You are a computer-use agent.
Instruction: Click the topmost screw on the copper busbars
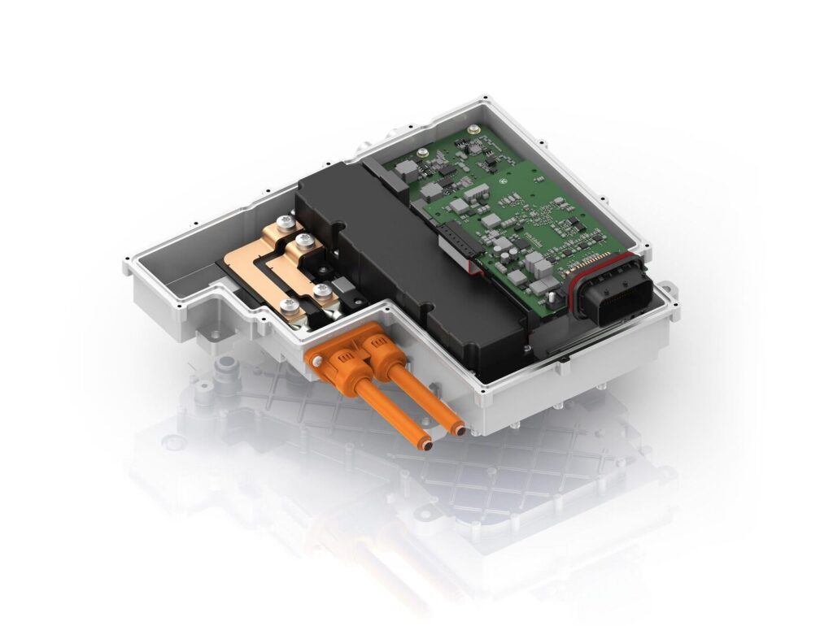click(x=284, y=222)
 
